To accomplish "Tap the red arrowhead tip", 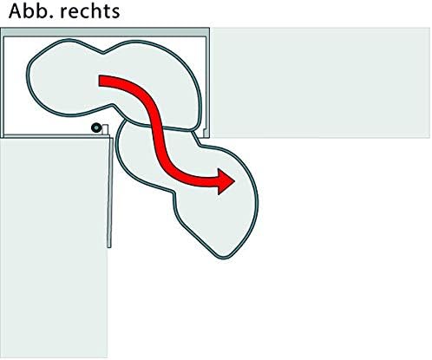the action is (234, 181).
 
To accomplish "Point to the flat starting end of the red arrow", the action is (100, 81).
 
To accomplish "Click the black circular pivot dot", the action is (95, 128).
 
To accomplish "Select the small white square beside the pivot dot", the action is (105, 129).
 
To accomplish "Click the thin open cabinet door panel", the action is (110, 193).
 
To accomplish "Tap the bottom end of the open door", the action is (109, 247).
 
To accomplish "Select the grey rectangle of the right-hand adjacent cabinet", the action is (320, 82).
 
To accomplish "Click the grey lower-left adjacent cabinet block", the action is (54, 248).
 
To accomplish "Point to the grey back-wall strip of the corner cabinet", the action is (105, 32).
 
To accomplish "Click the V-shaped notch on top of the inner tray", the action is (103, 53).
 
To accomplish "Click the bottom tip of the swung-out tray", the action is (224, 258).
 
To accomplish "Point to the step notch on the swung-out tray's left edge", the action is (174, 193).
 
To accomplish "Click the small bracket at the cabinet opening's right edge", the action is (206, 133).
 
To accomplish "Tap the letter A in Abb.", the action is (16, 11).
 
